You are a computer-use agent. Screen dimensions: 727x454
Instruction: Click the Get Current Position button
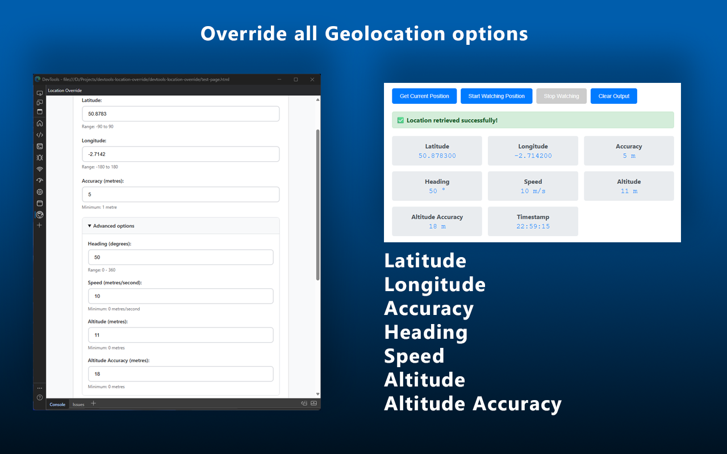point(424,96)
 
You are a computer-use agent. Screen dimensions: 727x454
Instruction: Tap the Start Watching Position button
point(496,96)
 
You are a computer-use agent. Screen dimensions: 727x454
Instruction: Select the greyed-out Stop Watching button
point(561,96)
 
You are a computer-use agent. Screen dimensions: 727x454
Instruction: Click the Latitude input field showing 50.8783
point(181,114)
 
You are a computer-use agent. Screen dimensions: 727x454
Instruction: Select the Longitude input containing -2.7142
point(181,154)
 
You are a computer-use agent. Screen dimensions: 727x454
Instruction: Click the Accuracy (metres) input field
point(181,194)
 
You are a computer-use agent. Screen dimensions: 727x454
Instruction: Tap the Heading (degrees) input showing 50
point(181,257)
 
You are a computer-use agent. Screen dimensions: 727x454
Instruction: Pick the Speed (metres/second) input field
point(181,296)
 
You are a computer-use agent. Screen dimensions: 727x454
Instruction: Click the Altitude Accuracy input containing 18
point(181,374)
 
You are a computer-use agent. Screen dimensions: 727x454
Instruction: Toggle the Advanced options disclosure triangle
point(90,226)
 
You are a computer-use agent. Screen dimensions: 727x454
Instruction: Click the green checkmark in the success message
point(400,120)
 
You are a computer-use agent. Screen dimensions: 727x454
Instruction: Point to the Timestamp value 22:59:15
point(533,226)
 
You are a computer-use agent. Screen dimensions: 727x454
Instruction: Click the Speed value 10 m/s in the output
point(533,191)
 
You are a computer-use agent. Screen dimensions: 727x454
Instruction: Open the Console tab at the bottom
point(57,405)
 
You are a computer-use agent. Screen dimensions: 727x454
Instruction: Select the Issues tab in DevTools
point(78,405)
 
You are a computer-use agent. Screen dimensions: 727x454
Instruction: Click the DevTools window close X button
point(312,79)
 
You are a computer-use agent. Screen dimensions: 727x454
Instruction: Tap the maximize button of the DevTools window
point(296,79)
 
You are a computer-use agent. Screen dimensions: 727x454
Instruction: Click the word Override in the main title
point(244,33)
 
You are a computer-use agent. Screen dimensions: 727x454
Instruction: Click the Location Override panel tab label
point(65,90)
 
